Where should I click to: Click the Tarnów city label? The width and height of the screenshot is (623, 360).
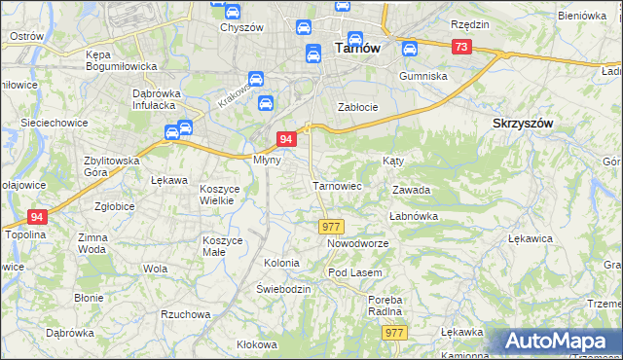[x=357, y=47]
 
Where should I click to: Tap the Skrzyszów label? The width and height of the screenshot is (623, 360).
[x=523, y=124]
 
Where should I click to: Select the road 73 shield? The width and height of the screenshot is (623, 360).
[x=461, y=47]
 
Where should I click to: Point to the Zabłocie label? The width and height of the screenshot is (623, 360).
[x=357, y=107]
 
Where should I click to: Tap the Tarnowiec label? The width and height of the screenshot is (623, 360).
[x=337, y=185]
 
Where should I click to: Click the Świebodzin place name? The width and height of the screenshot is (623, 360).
[x=283, y=290]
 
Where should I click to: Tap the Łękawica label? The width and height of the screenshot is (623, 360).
[x=530, y=237]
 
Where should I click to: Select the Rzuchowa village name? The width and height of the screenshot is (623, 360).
[x=186, y=314]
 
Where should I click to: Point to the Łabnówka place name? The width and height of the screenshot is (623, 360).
[x=413, y=216]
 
